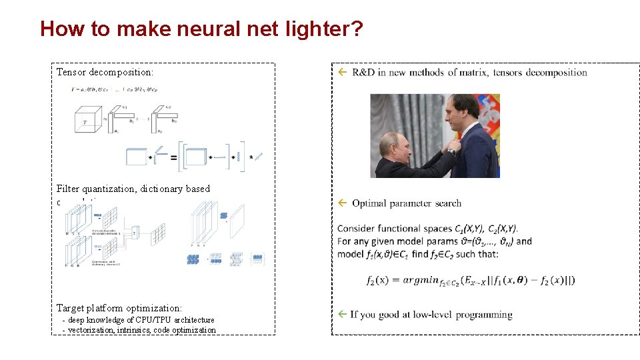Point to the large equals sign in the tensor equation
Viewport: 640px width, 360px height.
(173, 157)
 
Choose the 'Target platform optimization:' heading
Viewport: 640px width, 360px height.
(119, 308)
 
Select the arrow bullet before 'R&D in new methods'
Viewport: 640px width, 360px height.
(342, 72)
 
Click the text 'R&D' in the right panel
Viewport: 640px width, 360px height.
(363, 72)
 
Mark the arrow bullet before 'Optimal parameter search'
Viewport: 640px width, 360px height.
(342, 203)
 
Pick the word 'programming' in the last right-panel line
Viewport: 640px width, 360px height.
(484, 315)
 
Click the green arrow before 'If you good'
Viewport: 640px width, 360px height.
(342, 314)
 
